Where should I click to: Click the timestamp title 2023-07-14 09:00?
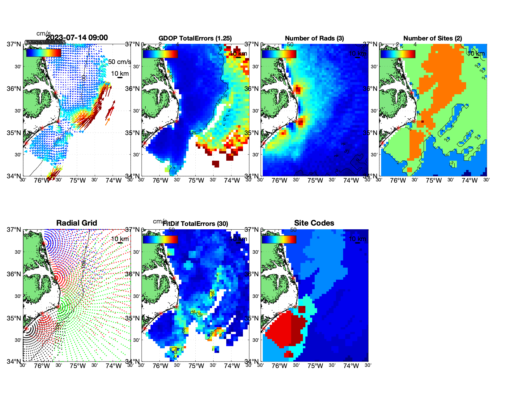tap(77, 38)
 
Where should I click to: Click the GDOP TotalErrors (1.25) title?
tap(195, 38)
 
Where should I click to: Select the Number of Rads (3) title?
tap(314, 38)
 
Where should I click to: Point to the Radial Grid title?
tap(77, 223)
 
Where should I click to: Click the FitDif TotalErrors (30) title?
tap(195, 224)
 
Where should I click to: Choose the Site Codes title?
tap(314, 223)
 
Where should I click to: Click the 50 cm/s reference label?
tap(119, 62)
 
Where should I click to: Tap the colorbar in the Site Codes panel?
tap(279, 239)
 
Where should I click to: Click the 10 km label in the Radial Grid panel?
tap(120, 239)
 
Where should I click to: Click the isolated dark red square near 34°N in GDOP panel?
tap(216, 164)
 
